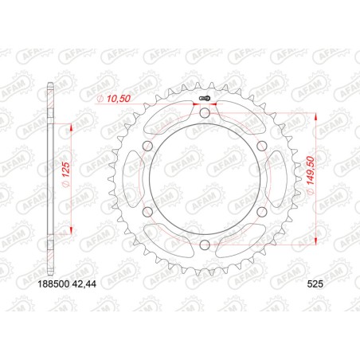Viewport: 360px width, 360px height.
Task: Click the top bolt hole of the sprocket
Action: pyautogui.click(x=205, y=114)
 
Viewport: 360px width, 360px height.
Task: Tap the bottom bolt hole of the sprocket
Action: pyautogui.click(x=205, y=245)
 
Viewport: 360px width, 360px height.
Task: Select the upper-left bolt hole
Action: pyautogui.click(x=148, y=147)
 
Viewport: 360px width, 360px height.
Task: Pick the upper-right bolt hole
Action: pyautogui.click(x=261, y=147)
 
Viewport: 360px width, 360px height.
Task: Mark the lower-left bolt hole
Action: pyautogui.click(x=148, y=212)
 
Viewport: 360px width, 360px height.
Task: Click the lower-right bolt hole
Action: pyautogui.click(x=261, y=212)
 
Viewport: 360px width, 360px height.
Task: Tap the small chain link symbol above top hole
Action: pyautogui.click(x=205, y=99)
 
